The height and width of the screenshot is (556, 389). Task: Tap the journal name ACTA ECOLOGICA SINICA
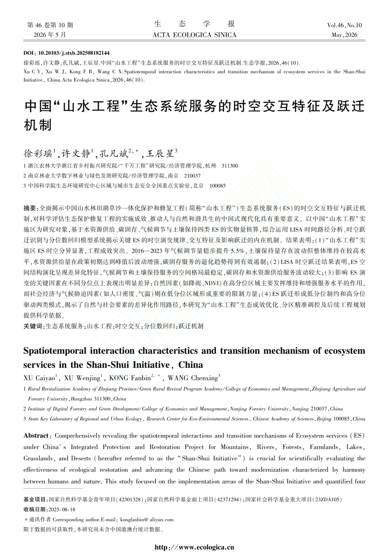(194, 35)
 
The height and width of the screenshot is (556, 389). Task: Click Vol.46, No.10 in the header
(344, 25)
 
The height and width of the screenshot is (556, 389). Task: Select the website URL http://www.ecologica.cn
(194, 547)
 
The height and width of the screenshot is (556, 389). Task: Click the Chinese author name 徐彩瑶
(38, 154)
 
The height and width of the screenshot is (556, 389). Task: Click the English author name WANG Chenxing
(193, 378)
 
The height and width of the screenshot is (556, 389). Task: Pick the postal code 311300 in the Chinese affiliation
(230, 166)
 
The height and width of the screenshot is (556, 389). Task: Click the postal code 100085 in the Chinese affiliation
(218, 186)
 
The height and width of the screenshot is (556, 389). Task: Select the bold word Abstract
(36, 436)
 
